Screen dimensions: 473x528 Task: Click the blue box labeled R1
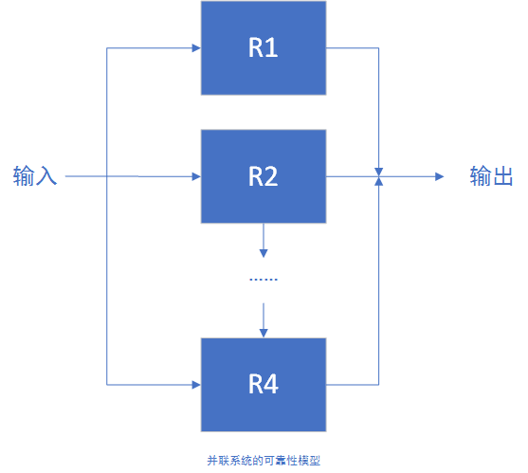(263, 47)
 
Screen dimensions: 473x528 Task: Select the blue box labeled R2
(263, 176)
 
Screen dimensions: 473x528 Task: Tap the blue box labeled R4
(263, 384)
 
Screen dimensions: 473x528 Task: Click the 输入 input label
(35, 176)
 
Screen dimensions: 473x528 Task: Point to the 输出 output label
(492, 176)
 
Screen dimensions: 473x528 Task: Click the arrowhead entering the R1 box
(195, 47)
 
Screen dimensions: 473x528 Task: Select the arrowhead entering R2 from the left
(195, 176)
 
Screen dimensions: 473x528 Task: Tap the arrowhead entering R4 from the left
(195, 384)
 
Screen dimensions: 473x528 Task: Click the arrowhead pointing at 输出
(438, 176)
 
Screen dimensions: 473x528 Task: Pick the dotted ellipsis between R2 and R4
(263, 280)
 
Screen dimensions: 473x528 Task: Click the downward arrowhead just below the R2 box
(263, 253)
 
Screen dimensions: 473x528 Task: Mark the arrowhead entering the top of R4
(263, 332)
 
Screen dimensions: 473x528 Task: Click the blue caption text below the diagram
(263, 461)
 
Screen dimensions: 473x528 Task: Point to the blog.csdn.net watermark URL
(403, 456)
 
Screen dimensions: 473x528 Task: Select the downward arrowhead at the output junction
(378, 168)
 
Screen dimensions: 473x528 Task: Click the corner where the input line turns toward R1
(107, 47)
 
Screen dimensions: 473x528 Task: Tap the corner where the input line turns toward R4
(107, 384)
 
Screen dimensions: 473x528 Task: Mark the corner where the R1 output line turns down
(378, 47)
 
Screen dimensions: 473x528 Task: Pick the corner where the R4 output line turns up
(378, 384)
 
